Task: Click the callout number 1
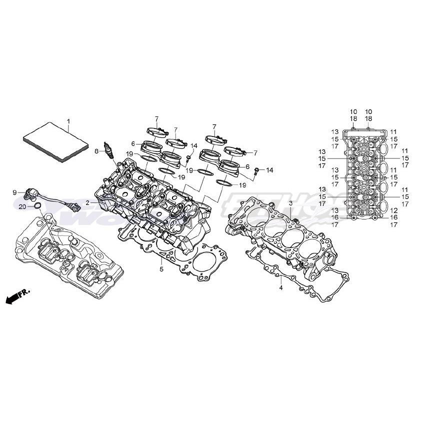coord(69,121)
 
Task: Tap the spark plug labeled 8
coord(106,150)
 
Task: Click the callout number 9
coord(15,192)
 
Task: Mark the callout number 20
coord(22,206)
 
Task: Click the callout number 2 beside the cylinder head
coord(87,202)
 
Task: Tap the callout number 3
coord(290,203)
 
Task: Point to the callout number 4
coord(280,288)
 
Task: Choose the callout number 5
coord(161,269)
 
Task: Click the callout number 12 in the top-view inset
coord(393,210)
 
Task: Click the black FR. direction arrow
coord(12,298)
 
